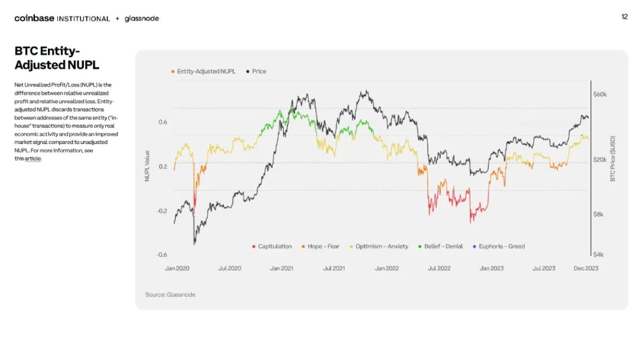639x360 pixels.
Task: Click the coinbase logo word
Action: pyautogui.click(x=34, y=18)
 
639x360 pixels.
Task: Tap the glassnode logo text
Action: pyautogui.click(x=142, y=19)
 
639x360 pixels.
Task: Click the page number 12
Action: pyautogui.click(x=624, y=17)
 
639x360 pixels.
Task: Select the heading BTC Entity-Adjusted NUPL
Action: pyautogui.click(x=57, y=58)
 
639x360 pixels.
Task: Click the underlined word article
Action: pyautogui.click(x=33, y=159)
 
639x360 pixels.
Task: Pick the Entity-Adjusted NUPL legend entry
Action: pyautogui.click(x=204, y=71)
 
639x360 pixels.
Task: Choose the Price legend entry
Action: pyautogui.click(x=256, y=71)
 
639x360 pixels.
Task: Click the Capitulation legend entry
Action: pyautogui.click(x=272, y=246)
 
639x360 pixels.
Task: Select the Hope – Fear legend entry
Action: pyautogui.click(x=320, y=246)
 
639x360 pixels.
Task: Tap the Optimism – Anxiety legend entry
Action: pyautogui.click(x=379, y=246)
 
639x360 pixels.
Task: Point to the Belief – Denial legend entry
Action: pyautogui.click(x=441, y=246)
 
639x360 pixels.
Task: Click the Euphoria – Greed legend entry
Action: pyautogui.click(x=499, y=246)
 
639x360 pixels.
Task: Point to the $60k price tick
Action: pyautogui.click(x=600, y=95)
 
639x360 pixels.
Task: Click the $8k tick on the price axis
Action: pyautogui.click(x=598, y=214)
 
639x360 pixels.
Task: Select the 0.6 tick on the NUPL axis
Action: pyautogui.click(x=163, y=122)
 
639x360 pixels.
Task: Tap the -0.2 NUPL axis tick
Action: pyautogui.click(x=162, y=211)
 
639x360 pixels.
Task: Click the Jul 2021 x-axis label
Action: pyautogui.click(x=334, y=268)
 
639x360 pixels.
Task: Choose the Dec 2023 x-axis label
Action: pyautogui.click(x=586, y=268)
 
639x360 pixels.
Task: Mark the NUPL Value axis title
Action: pyautogui.click(x=147, y=166)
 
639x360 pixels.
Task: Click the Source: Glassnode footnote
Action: pyautogui.click(x=170, y=295)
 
